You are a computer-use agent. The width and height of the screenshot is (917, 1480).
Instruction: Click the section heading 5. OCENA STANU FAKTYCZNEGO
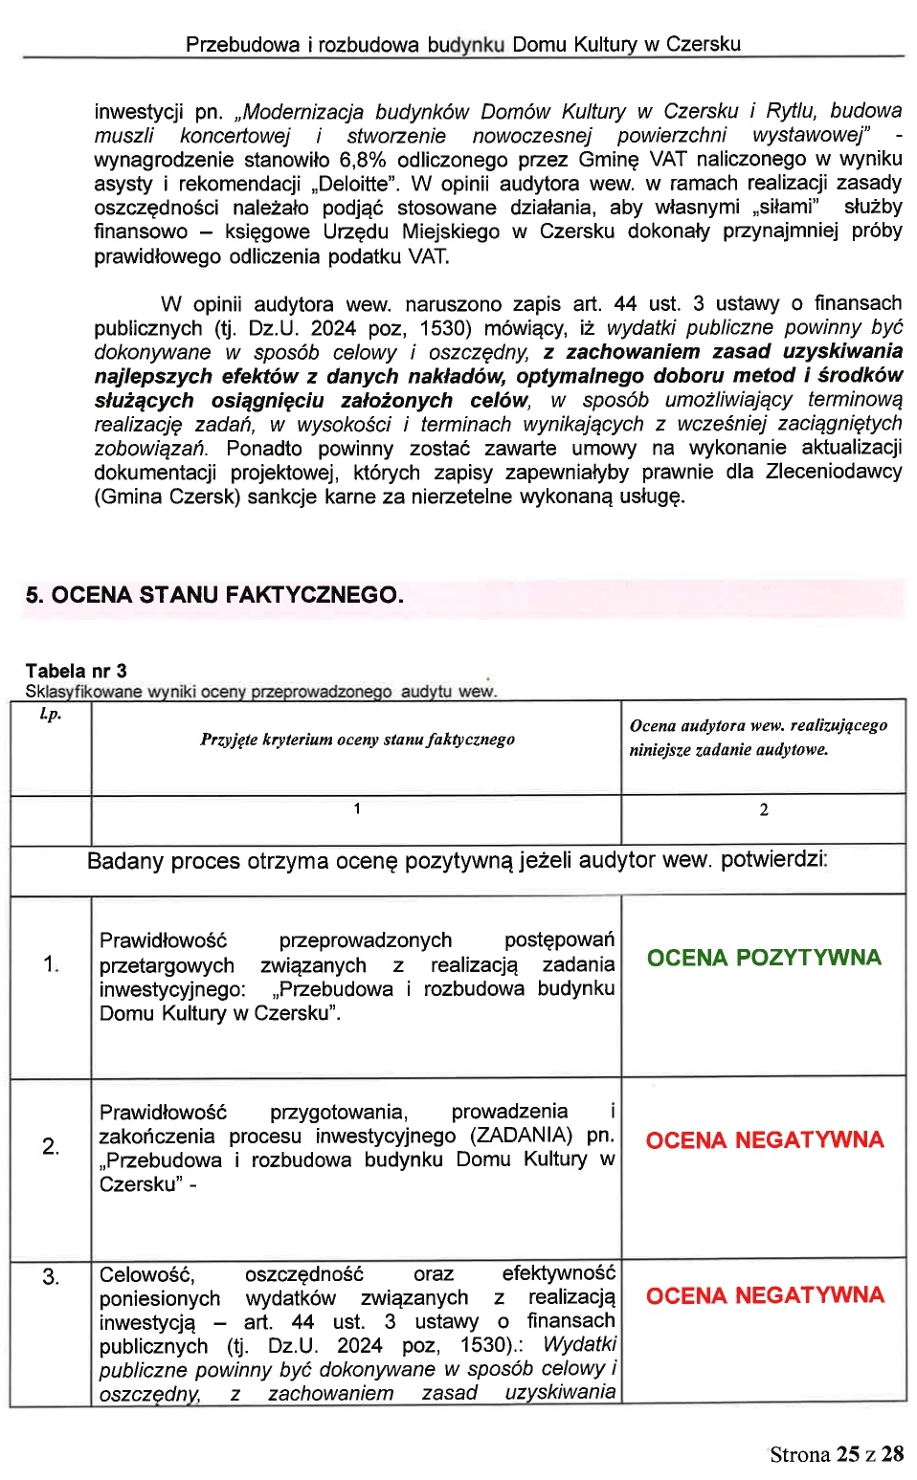pos(214,595)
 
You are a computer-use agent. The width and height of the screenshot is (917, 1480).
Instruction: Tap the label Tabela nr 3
pos(76,671)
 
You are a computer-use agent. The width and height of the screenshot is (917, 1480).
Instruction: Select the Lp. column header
pos(50,714)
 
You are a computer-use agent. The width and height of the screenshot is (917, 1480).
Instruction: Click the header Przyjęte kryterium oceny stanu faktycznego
pos(357,740)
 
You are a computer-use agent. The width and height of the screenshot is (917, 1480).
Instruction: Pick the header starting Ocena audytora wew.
pos(758,738)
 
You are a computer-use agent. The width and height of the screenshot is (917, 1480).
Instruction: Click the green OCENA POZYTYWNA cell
pos(763,958)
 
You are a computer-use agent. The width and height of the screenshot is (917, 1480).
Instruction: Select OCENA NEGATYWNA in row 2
pos(764,1140)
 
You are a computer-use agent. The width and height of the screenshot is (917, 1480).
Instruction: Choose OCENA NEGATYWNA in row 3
pos(764,1295)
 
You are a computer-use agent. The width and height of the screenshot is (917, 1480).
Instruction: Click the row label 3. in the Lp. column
pos(51,1276)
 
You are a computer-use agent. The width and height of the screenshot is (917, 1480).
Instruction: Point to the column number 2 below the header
pos(764,810)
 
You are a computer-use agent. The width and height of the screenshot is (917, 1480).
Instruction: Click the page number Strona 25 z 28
pos(836,1454)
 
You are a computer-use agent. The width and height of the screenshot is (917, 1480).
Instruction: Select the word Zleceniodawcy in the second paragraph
pos(833,472)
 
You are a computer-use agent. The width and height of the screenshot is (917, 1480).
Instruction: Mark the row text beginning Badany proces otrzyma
pos(458,860)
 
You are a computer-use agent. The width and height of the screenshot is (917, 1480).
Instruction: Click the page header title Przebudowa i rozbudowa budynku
pos(462,44)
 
